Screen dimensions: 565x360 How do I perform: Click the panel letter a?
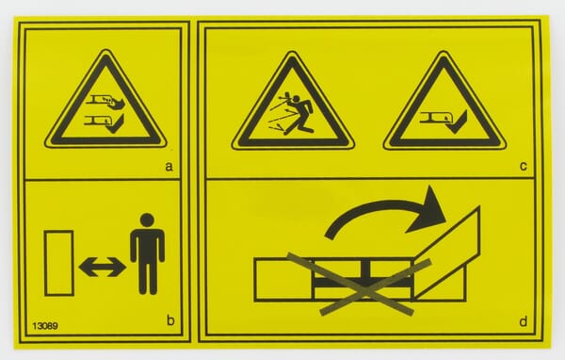point(169,167)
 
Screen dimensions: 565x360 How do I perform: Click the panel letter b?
point(170,319)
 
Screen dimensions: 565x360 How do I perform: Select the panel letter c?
point(524,166)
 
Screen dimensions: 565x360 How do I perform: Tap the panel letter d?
point(524,320)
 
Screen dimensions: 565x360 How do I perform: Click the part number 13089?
point(45,326)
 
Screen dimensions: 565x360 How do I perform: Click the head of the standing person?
point(147,221)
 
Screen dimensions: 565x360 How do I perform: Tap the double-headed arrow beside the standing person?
point(103,267)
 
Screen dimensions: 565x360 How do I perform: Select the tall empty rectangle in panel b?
point(58,263)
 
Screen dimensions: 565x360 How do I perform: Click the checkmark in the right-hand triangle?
point(459,123)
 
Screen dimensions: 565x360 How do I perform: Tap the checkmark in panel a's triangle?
point(115,124)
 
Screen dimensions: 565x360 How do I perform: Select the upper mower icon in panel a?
point(105,101)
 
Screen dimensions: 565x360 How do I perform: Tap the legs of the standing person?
point(148,277)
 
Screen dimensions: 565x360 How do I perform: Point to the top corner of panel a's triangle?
point(105,51)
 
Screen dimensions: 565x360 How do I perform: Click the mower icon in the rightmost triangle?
point(434,119)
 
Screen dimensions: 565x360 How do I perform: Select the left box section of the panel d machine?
point(283,280)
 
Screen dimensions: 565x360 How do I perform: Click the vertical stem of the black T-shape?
point(364,270)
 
